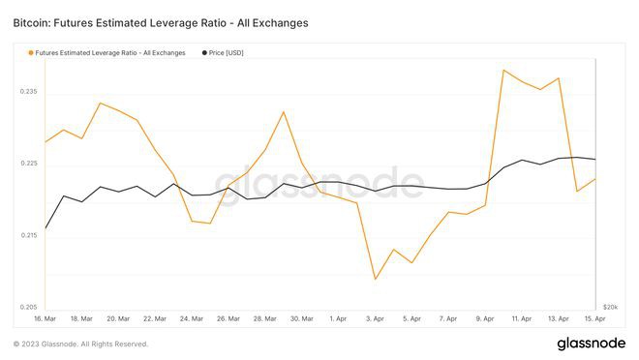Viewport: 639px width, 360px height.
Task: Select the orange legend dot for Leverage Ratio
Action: (x=30, y=53)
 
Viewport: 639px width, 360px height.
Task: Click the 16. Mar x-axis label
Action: (x=45, y=318)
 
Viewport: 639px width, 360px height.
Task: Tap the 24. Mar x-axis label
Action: (x=192, y=318)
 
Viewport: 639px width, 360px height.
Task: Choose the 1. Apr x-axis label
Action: (x=339, y=318)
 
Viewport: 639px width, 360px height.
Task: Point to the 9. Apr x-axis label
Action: (x=485, y=318)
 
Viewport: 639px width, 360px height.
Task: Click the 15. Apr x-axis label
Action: (x=594, y=318)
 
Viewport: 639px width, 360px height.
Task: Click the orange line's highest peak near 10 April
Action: (x=503, y=70)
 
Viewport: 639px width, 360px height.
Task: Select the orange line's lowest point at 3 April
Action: (x=376, y=280)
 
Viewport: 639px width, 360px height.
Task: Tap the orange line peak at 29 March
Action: (x=284, y=111)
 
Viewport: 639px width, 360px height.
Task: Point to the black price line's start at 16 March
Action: (x=46, y=229)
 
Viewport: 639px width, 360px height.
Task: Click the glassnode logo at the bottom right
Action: (x=590, y=344)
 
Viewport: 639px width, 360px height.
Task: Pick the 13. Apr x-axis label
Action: (x=559, y=318)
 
